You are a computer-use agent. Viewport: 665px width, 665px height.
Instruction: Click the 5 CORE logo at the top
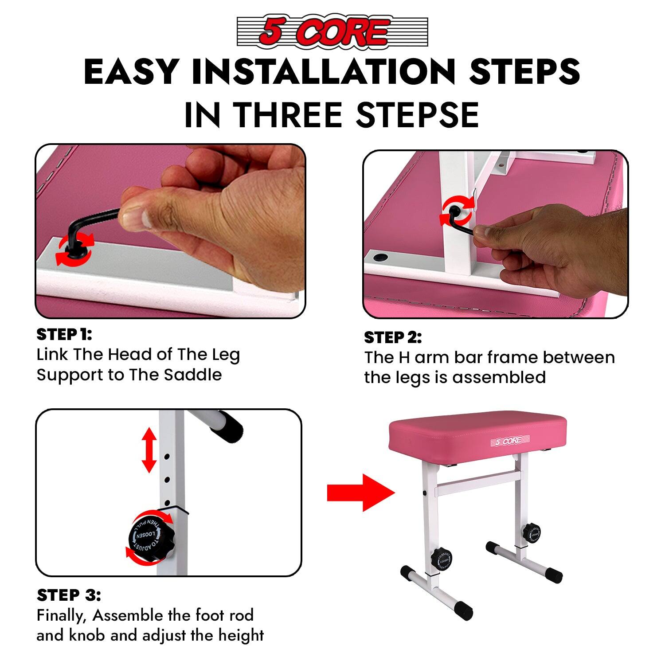(x=332, y=31)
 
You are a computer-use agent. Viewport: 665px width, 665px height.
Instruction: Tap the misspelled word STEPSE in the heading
(x=417, y=115)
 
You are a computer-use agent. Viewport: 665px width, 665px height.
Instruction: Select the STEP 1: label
(x=64, y=334)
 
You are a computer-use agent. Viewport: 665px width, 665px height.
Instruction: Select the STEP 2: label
(x=392, y=338)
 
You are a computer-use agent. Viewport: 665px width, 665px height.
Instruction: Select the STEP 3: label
(x=69, y=595)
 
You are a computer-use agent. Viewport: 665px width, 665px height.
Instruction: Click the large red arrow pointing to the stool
(x=360, y=493)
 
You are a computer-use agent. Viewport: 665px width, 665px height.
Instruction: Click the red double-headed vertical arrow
(x=149, y=450)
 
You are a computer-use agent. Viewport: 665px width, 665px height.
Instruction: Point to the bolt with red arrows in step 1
(x=75, y=248)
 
